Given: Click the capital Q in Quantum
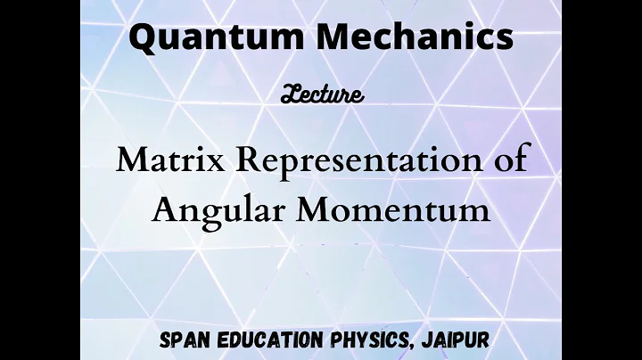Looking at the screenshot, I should [143, 37].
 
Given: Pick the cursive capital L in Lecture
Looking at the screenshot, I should [289, 93].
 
